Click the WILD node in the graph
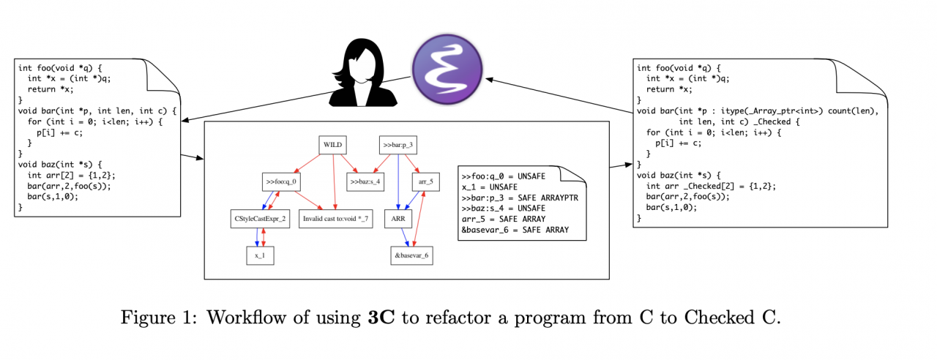click(334, 145)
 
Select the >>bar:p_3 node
click(398, 145)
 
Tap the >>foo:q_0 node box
click(282, 181)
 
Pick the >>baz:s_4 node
click(365, 181)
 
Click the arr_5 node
click(426, 181)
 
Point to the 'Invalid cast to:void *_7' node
click(335, 218)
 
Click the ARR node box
click(398, 218)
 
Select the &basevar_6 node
click(411, 255)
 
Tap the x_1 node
click(260, 255)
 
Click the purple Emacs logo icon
click(447, 71)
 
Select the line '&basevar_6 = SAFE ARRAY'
click(515, 230)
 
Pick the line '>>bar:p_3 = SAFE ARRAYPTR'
click(520, 198)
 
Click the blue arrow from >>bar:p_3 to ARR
click(398, 183)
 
